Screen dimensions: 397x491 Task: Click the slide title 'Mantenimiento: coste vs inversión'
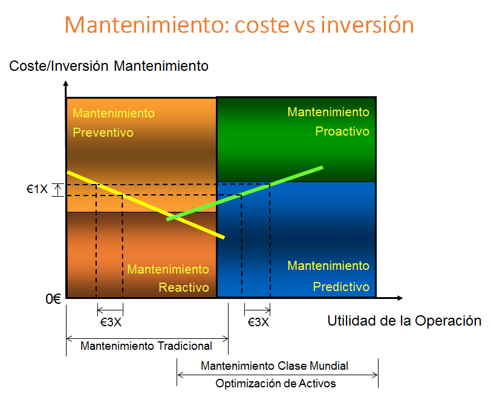(x=239, y=25)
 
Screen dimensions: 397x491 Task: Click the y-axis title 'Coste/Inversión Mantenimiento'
(x=109, y=66)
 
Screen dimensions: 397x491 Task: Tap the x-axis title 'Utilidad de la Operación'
(x=404, y=321)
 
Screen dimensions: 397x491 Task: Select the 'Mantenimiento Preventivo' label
(x=114, y=123)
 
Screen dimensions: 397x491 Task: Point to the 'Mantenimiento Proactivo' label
(x=328, y=121)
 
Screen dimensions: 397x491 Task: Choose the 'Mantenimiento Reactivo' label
(x=168, y=278)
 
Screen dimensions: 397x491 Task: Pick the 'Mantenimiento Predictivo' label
(x=328, y=276)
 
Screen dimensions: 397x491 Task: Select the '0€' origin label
(x=53, y=298)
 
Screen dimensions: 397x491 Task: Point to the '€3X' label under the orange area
(x=110, y=323)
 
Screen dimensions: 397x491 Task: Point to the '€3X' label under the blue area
(x=258, y=323)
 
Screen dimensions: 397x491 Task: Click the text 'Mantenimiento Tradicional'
(x=146, y=346)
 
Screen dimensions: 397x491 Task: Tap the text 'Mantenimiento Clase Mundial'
(x=275, y=366)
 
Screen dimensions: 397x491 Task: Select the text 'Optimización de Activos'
(x=275, y=383)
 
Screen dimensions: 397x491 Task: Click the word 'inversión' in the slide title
(x=367, y=25)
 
